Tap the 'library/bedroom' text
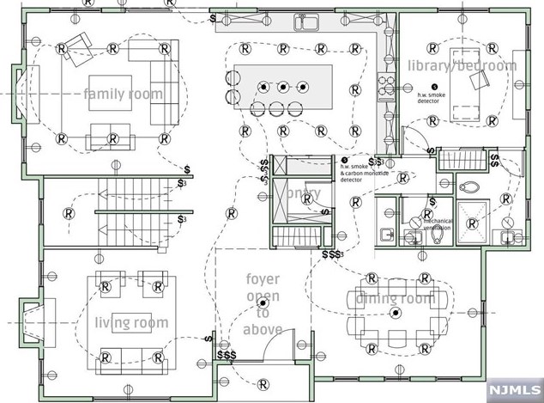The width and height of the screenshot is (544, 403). click(462, 66)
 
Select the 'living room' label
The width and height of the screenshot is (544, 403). click(131, 322)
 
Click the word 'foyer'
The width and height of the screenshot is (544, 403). click(263, 280)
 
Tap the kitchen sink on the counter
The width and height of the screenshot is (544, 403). click(307, 21)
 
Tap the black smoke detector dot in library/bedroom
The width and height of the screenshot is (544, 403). click(434, 86)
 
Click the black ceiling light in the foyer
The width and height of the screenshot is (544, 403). click(265, 297)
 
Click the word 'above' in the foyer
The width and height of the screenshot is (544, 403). click(263, 328)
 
